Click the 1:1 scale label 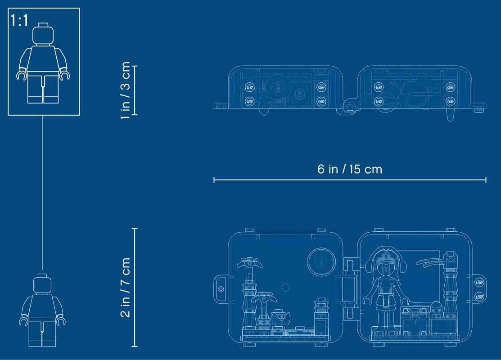(19, 20)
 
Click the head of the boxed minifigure (43, 34)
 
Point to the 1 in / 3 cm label (125, 90)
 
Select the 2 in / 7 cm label (125, 287)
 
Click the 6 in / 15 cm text (350, 169)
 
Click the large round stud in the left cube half (321, 261)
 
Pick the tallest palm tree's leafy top (250, 262)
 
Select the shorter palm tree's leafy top (264, 298)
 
